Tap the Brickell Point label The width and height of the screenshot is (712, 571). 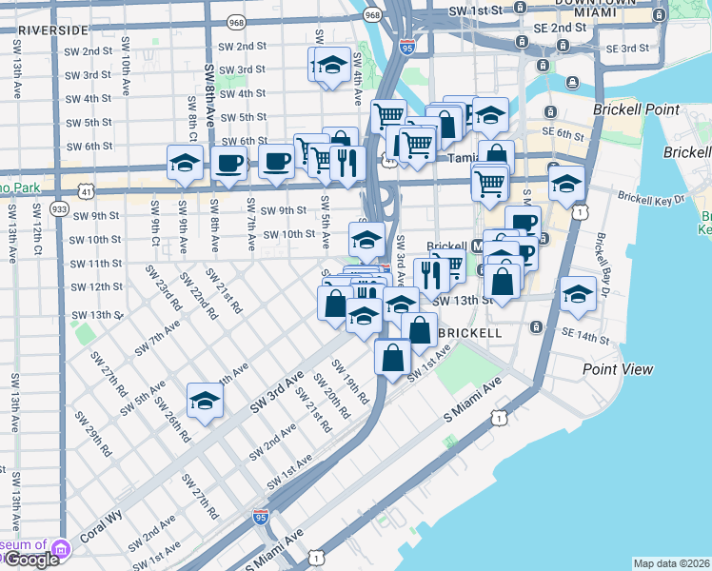[636, 110]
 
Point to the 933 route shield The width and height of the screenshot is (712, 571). [60, 207]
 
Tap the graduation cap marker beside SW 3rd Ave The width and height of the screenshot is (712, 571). [400, 305]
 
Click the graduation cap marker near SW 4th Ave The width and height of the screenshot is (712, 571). [330, 66]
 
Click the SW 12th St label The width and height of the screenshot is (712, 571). [97, 286]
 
